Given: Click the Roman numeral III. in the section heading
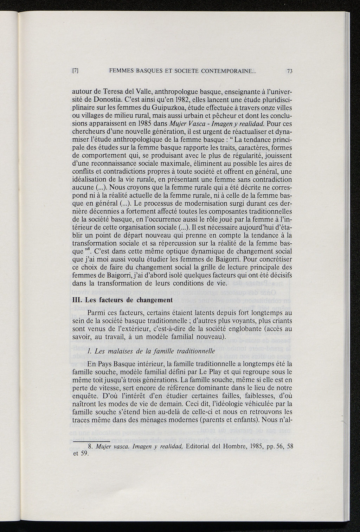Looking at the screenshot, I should coord(77,300).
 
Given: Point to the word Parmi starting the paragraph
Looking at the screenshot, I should coord(96,313).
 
